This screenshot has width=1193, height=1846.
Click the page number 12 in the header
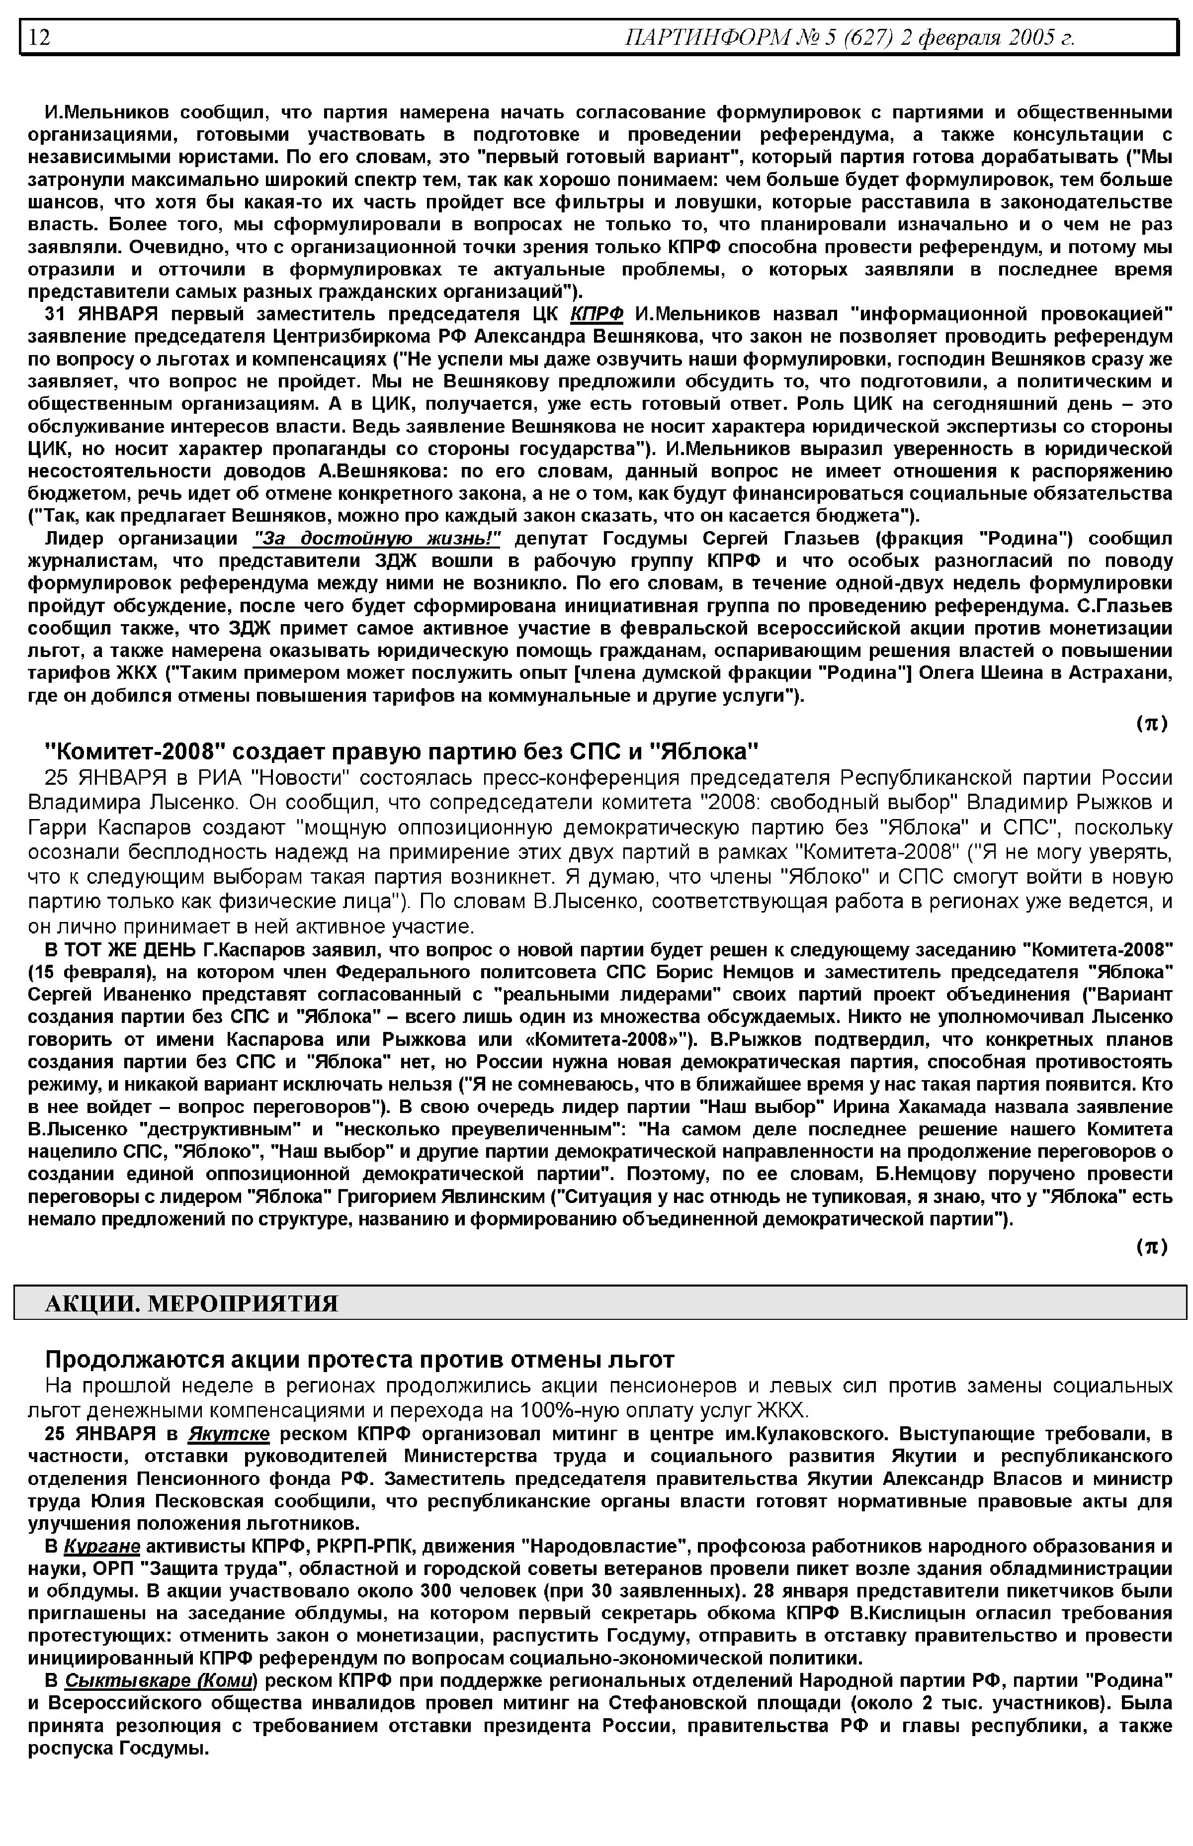click(x=39, y=37)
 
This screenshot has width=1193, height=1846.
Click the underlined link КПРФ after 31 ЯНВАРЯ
click(x=596, y=314)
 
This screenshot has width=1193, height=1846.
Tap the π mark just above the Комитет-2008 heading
click(x=1151, y=724)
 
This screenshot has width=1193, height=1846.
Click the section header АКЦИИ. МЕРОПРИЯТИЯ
click(x=192, y=1303)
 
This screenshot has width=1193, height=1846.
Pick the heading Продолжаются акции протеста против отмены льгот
click(x=359, y=1359)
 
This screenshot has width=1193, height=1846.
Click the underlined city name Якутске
click(x=229, y=1434)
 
